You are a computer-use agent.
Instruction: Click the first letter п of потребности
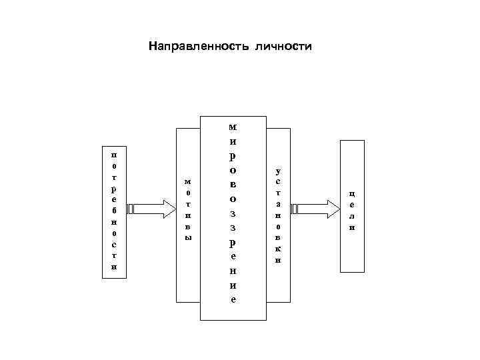(x=114, y=153)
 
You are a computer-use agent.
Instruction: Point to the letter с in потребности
(x=114, y=245)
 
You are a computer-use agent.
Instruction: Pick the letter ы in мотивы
(x=187, y=238)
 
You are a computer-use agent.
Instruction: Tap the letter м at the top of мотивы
(x=187, y=181)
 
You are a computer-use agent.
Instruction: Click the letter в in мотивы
(x=187, y=227)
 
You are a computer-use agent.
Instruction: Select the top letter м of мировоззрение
(x=232, y=127)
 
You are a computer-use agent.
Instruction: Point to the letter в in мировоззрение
(x=232, y=183)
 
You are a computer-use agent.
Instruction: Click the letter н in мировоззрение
(x=232, y=271)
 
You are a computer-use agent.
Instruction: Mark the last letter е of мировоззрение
(x=232, y=299)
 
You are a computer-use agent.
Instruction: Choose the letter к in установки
(x=278, y=248)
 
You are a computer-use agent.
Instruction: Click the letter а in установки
(x=278, y=203)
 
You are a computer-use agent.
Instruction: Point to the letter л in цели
(x=352, y=217)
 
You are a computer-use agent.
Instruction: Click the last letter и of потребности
(x=114, y=267)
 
